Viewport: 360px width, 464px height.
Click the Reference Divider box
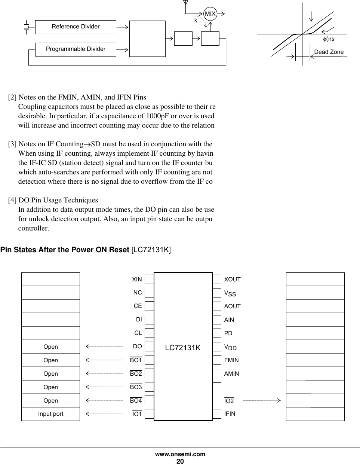[x=76, y=27]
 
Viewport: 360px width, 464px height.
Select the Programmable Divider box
[x=76, y=49]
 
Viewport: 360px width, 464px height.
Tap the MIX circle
[x=210, y=14]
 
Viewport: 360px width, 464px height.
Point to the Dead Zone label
[x=329, y=52]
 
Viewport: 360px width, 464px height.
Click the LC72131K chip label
[x=183, y=348]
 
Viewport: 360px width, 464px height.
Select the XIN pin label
[x=137, y=280]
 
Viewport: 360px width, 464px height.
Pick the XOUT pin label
[x=232, y=280]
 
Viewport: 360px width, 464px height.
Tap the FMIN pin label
[x=231, y=360]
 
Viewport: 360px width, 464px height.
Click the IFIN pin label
[x=230, y=413]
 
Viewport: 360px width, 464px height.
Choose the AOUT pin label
[x=232, y=306]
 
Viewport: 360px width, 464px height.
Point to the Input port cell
[x=50, y=413]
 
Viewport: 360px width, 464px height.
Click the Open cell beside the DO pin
[x=50, y=347]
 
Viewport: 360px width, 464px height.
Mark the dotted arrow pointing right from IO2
[x=262, y=400]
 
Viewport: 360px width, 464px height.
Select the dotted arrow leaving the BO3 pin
[x=104, y=387]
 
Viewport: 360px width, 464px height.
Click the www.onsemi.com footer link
[x=180, y=454]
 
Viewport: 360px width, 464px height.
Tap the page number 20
[x=180, y=461]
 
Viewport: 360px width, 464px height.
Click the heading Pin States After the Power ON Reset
[x=65, y=250]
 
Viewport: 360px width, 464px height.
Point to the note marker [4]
[x=12, y=200]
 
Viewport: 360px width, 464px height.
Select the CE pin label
[x=138, y=306]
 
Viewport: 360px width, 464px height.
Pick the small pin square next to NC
[x=149, y=293]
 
